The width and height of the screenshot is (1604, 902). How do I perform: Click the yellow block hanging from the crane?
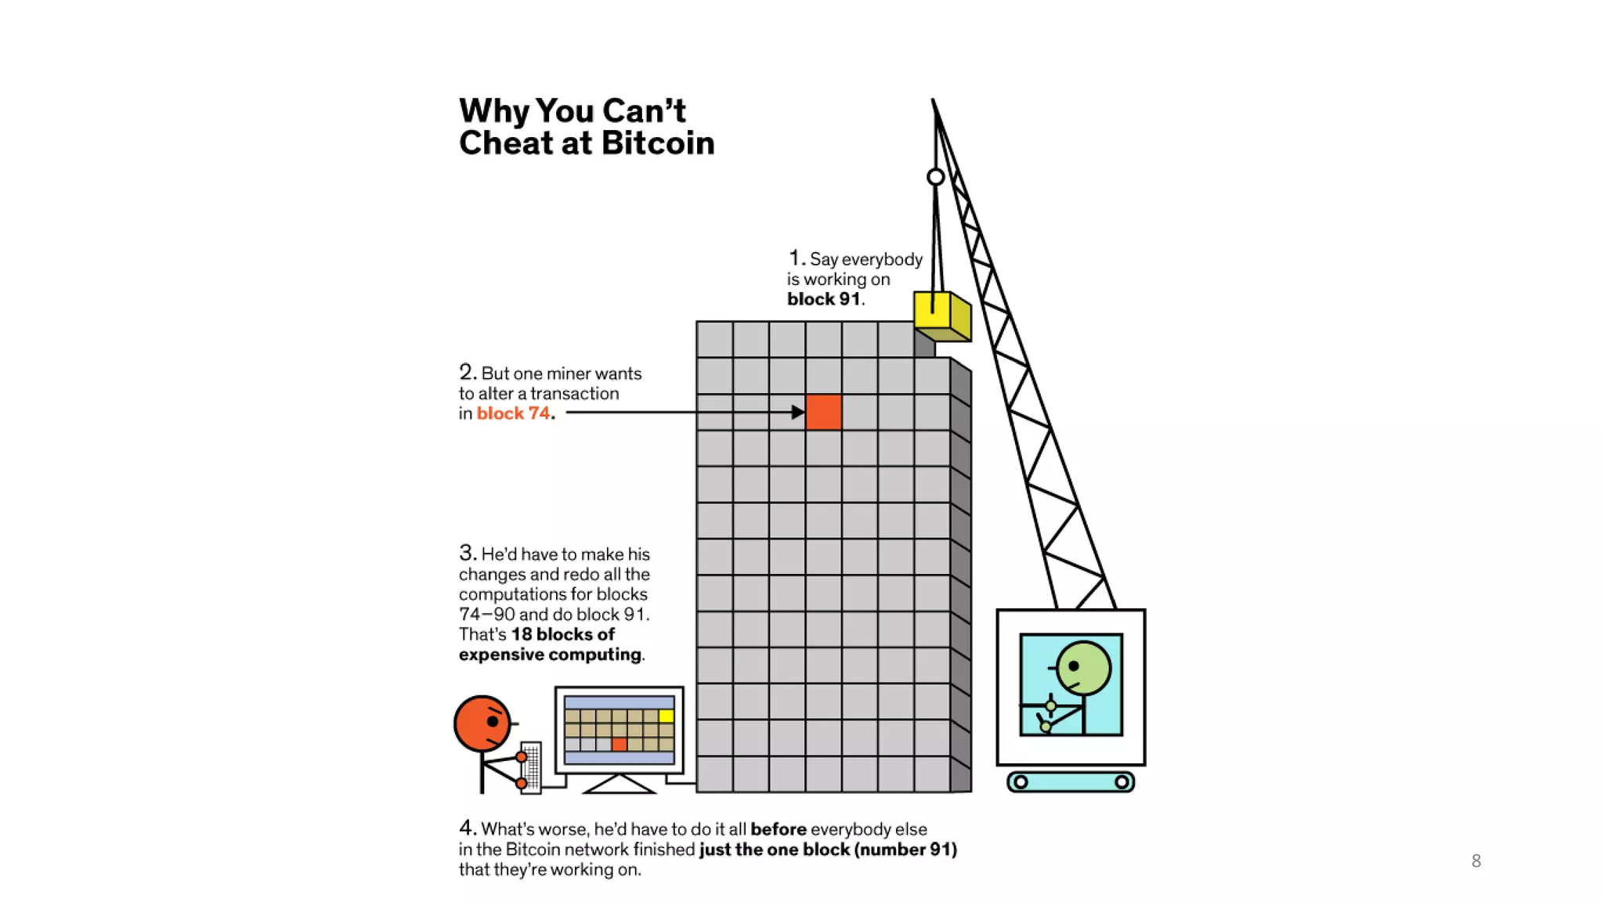[x=942, y=316]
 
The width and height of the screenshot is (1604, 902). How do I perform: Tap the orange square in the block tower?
[x=823, y=412]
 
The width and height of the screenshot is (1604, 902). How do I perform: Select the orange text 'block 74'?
[x=513, y=413]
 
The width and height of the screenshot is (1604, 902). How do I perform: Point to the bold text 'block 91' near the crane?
[x=823, y=299]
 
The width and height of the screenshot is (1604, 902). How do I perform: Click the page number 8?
[x=1476, y=861]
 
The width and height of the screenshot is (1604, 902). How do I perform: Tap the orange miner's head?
[x=482, y=723]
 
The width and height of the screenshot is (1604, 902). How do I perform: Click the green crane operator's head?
[x=1083, y=669]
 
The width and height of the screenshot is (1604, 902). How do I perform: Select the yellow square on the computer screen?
[x=667, y=716]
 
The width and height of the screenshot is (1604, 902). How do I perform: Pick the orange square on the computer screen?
[x=620, y=744]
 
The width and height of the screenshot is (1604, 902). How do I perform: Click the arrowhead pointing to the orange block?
[x=798, y=412]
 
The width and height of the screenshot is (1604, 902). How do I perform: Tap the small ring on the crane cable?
[x=935, y=177]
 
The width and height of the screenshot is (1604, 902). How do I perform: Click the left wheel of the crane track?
[x=1021, y=781]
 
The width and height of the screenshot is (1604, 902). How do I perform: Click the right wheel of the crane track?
[x=1122, y=781]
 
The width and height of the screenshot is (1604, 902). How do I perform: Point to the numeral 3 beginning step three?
[x=467, y=553]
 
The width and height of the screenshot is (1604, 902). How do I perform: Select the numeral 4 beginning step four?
[x=467, y=828]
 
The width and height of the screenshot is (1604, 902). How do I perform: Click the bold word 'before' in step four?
[x=779, y=829]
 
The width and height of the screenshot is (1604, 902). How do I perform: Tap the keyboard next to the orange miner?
[x=532, y=767]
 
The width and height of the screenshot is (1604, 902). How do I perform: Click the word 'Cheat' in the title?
[x=506, y=143]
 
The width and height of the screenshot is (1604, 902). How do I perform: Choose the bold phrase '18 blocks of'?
[x=562, y=634]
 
